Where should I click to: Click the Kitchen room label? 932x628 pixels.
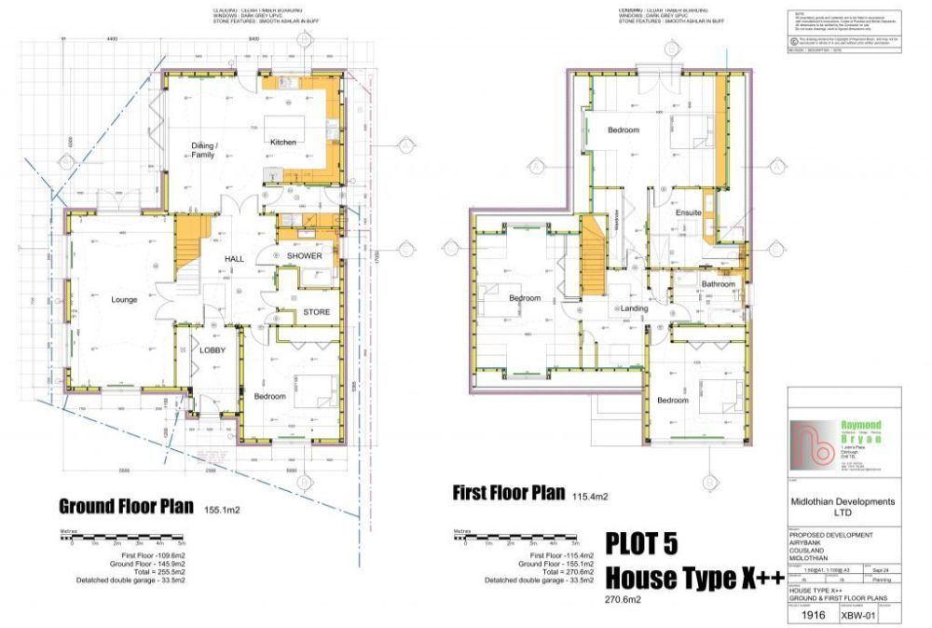pyautogui.click(x=282, y=143)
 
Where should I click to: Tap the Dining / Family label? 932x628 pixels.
pyautogui.click(x=203, y=150)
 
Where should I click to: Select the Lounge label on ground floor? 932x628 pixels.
pyautogui.click(x=124, y=300)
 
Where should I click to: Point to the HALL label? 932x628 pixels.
pyautogui.click(x=234, y=259)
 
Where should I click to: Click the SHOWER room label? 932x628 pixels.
pyautogui.click(x=304, y=256)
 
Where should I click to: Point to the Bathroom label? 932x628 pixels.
pyautogui.click(x=719, y=284)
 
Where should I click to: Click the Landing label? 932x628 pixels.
pyautogui.click(x=634, y=308)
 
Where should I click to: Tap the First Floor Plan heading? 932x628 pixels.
pyautogui.click(x=508, y=492)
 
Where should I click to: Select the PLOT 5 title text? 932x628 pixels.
pyautogui.click(x=641, y=543)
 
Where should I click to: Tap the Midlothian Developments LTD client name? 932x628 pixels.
pyautogui.click(x=843, y=506)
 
